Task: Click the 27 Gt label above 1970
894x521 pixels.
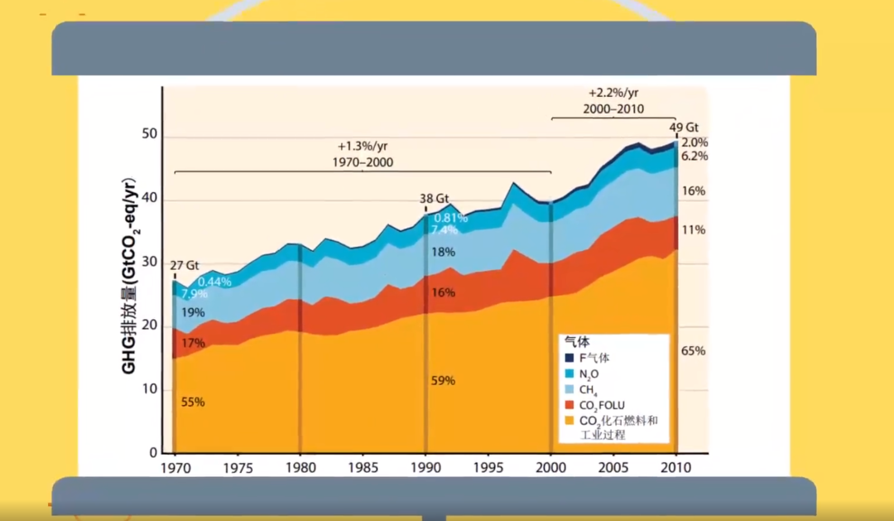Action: tap(185, 266)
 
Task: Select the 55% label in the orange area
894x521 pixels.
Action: tap(193, 402)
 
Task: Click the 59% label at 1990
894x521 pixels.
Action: tap(444, 380)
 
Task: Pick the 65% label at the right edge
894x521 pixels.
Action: tap(693, 351)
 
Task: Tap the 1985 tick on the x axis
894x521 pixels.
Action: tap(363, 466)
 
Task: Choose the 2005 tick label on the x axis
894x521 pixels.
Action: tap(613, 466)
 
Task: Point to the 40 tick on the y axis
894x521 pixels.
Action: tap(150, 200)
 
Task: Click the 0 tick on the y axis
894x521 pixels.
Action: tap(154, 453)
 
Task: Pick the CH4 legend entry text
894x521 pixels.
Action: tap(589, 390)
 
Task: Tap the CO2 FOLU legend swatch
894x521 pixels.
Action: tap(570, 405)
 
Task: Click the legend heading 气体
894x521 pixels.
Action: tap(576, 341)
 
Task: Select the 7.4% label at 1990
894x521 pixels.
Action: tap(444, 230)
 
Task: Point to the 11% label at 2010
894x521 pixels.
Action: tap(694, 229)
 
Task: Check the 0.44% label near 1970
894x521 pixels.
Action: tap(214, 282)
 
